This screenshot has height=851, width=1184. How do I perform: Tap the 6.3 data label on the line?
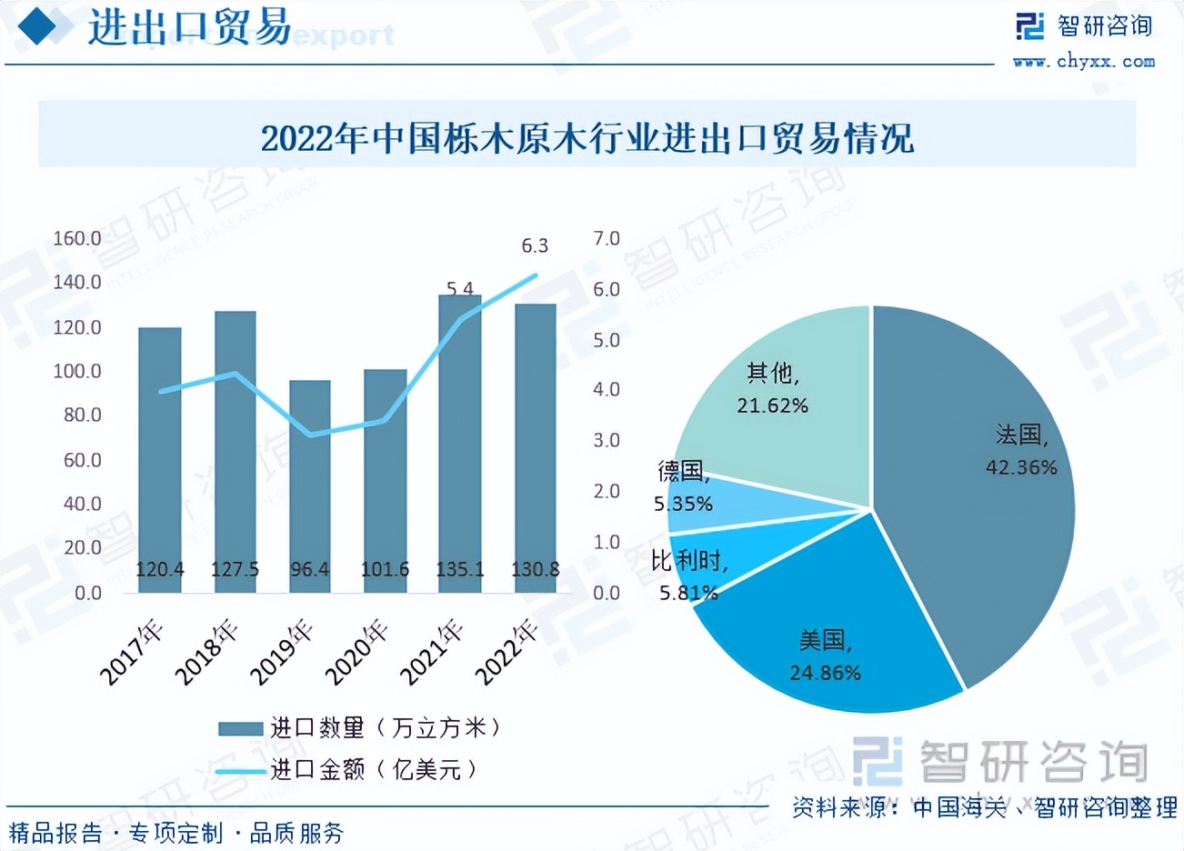pyautogui.click(x=535, y=245)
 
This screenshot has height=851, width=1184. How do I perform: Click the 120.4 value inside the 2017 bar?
pyautogui.click(x=160, y=570)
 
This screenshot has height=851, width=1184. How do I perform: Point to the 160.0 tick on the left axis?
pyautogui.click(x=77, y=238)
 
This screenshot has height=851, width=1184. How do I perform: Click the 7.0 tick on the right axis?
pyautogui.click(x=607, y=238)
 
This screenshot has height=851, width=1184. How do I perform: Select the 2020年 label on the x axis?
pyautogui.click(x=357, y=652)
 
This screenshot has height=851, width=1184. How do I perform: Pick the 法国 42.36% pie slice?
pyautogui.click(x=973, y=482)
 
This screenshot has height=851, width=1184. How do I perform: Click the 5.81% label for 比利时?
pyautogui.click(x=688, y=593)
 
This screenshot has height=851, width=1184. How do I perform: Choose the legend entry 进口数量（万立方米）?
pyautogui.click(x=359, y=727)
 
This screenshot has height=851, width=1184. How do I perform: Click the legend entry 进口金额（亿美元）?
pyautogui.click(x=346, y=770)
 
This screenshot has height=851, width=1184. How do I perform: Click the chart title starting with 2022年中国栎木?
pyautogui.click(x=587, y=139)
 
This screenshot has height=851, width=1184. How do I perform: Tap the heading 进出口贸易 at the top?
pyautogui.click(x=189, y=27)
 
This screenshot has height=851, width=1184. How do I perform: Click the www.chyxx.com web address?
pyautogui.click(x=1084, y=61)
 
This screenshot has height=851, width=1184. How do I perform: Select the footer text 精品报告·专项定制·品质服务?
pyautogui.click(x=177, y=832)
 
